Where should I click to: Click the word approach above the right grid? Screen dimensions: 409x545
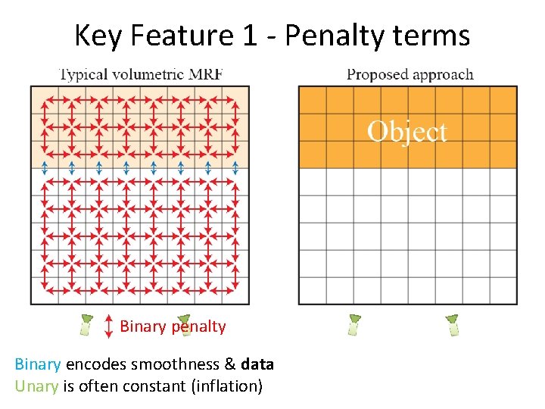point(443,74)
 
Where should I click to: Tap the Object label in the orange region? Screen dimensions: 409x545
point(407,131)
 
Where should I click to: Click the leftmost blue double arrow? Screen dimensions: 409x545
point(45,167)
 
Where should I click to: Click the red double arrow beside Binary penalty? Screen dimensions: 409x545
point(109,325)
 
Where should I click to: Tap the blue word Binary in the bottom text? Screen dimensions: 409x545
point(37,364)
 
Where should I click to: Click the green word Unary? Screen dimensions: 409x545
point(36,386)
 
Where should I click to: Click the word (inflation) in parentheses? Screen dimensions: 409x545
point(227,386)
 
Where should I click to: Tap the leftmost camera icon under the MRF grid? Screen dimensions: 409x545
point(86,325)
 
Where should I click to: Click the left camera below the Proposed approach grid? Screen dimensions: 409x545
point(353,324)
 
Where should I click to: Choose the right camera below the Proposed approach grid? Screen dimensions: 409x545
point(453,324)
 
